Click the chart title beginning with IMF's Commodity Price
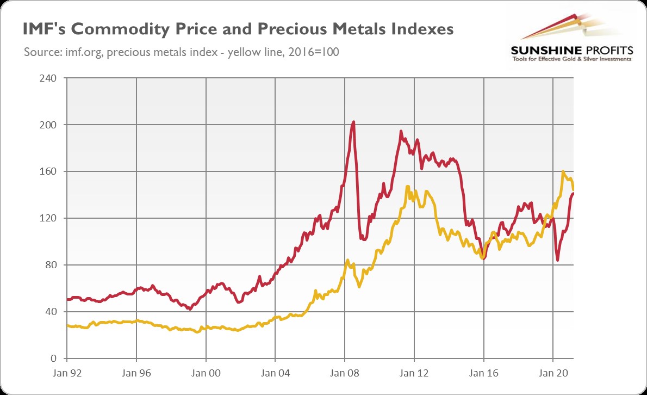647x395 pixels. (x=238, y=29)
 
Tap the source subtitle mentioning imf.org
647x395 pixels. (x=182, y=52)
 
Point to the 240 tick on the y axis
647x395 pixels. (x=49, y=78)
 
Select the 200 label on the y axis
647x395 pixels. (x=49, y=125)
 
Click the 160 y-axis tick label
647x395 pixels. (x=49, y=172)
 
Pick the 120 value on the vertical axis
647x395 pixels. (x=49, y=219)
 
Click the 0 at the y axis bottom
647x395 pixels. (x=54, y=359)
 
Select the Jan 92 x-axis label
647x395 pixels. (x=66, y=374)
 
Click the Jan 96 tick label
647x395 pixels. (x=136, y=374)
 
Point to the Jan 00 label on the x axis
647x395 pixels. (x=206, y=374)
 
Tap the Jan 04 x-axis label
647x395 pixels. (x=275, y=374)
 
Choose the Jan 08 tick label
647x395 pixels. (x=345, y=374)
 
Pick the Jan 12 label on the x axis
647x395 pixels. (x=414, y=374)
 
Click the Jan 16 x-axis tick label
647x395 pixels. (x=484, y=374)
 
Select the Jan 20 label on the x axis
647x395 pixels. (x=553, y=374)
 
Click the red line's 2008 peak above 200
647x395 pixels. (x=353, y=122)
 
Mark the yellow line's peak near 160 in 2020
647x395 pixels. (x=563, y=172)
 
